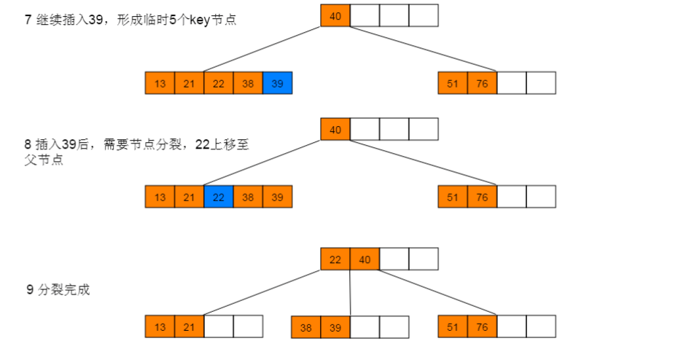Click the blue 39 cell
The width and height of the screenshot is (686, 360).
coord(277,83)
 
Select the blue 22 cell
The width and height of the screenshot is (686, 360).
coord(219,197)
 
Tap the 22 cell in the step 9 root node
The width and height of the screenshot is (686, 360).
coord(335,259)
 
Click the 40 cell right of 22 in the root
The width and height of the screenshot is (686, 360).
coord(365,259)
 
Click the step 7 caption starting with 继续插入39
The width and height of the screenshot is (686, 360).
coord(131,20)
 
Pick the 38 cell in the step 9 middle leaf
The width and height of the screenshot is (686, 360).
coord(306,327)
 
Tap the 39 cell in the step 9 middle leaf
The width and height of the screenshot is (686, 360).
coord(335,327)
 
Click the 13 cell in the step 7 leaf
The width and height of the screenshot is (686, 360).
coord(160,83)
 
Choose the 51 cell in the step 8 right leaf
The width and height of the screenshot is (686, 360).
coord(453,197)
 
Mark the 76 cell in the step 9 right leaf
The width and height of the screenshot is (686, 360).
coord(482,326)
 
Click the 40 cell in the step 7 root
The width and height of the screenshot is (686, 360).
coord(335,15)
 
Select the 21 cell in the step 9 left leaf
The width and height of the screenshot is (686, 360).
coord(189,326)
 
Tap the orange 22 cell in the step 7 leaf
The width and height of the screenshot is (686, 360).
coord(219,83)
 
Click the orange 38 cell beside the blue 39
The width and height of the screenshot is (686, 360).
coord(248,83)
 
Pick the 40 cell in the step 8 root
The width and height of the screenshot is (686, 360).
coord(335,129)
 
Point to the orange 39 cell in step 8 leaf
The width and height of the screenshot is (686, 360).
coord(277,197)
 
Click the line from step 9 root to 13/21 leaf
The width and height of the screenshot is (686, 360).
coord(248,293)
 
